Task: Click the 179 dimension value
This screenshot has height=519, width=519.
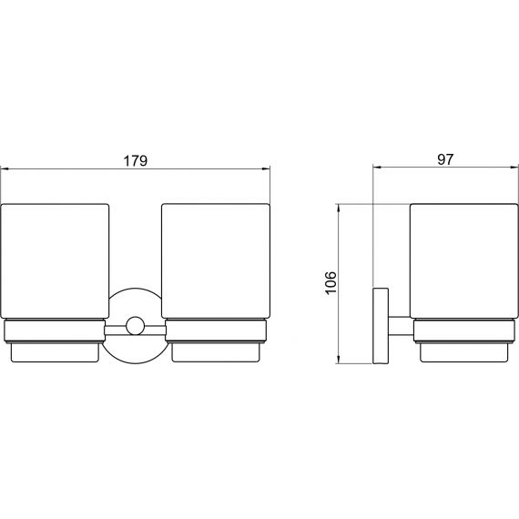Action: (135, 161)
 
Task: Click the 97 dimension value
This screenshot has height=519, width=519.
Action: (445, 159)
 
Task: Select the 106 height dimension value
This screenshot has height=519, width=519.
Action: (331, 282)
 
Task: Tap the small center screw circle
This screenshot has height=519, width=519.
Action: (135, 325)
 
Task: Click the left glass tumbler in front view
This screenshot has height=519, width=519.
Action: (55, 261)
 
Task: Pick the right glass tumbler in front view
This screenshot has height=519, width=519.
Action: (216, 261)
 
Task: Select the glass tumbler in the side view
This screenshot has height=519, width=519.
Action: (464, 261)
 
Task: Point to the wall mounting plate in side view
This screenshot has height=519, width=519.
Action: (381, 326)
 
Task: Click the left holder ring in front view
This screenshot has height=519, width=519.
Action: (55, 331)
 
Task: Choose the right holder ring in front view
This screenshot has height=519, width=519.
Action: (216, 331)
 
